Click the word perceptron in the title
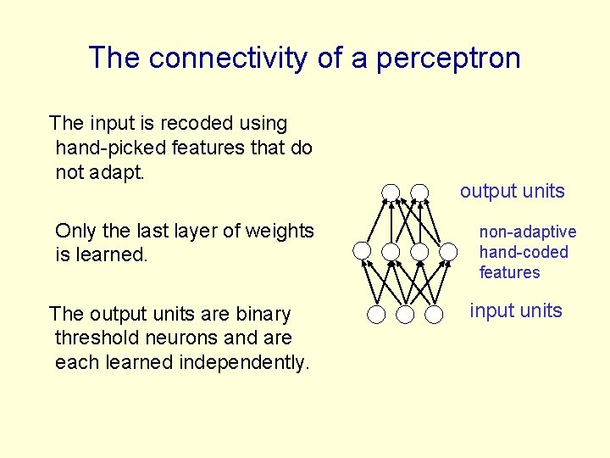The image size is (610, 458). pos(449,59)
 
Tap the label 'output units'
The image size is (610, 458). pos(512,191)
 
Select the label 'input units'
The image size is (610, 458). pos(516,310)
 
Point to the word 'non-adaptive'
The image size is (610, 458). pos(527,232)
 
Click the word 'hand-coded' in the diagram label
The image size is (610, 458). pos(524,252)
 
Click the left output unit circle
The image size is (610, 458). pos(391,192)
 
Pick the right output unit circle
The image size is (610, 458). pos(419,192)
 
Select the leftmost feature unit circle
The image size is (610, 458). pos(362,251)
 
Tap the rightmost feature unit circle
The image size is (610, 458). pos(449,251)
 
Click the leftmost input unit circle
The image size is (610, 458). pos(377,315)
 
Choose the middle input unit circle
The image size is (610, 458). pos(406,315)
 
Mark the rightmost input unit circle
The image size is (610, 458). pos(435,315)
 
